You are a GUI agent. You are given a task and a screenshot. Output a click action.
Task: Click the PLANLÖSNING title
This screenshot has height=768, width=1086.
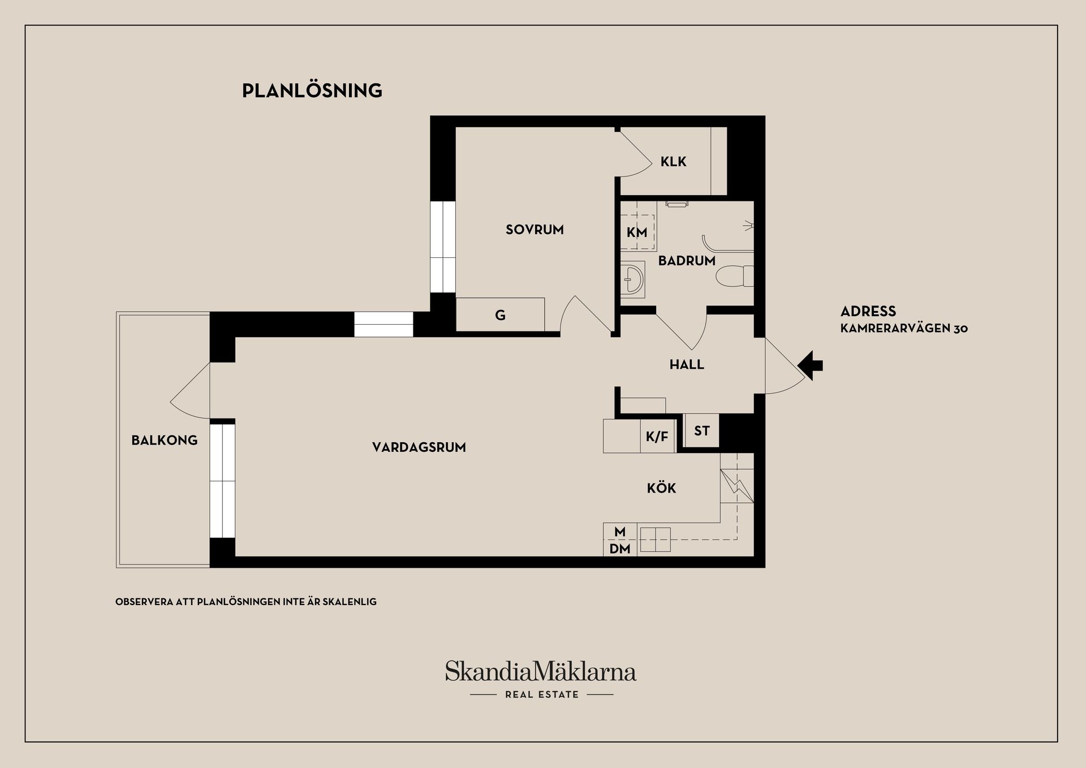pyautogui.click(x=312, y=90)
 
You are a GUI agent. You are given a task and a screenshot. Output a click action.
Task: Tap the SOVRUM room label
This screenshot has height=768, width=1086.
pyautogui.click(x=535, y=230)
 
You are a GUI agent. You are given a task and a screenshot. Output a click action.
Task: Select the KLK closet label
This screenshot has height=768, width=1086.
pyautogui.click(x=673, y=162)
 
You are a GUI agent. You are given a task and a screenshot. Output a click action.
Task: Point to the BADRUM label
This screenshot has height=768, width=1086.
pyautogui.click(x=687, y=261)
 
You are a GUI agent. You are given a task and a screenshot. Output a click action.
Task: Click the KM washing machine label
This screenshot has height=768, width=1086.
pyautogui.click(x=637, y=232)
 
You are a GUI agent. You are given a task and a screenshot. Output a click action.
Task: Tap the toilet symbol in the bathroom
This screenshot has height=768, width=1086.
pyautogui.click(x=734, y=277)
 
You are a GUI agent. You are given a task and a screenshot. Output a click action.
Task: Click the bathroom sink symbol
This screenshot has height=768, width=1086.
pyautogui.click(x=633, y=279)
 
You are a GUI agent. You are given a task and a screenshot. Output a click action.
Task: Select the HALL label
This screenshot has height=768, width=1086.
pyautogui.click(x=687, y=365)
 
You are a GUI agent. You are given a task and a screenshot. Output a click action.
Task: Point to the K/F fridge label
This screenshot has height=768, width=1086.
pyautogui.click(x=657, y=437)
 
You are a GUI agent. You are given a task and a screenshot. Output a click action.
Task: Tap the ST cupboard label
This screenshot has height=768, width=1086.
pyautogui.click(x=701, y=431)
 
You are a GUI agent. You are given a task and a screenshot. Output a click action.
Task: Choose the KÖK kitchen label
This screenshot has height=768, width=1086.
pyautogui.click(x=661, y=488)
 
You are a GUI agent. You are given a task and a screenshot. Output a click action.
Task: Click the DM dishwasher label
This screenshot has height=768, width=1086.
pyautogui.click(x=620, y=549)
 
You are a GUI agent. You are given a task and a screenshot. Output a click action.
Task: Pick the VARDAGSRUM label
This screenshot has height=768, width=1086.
pyautogui.click(x=419, y=447)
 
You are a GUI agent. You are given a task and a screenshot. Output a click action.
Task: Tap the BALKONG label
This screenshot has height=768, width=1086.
pyautogui.click(x=165, y=440)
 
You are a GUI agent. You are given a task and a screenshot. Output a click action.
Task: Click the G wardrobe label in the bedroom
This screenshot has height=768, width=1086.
pyautogui.click(x=500, y=316)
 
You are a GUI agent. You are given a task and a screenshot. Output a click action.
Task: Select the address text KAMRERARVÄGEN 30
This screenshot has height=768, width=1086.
pyautogui.click(x=904, y=329)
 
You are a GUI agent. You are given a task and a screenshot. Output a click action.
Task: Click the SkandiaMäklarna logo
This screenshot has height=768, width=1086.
pyautogui.click(x=541, y=671)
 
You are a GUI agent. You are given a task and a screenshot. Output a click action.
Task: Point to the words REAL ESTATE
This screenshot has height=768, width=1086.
pyautogui.click(x=542, y=694)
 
